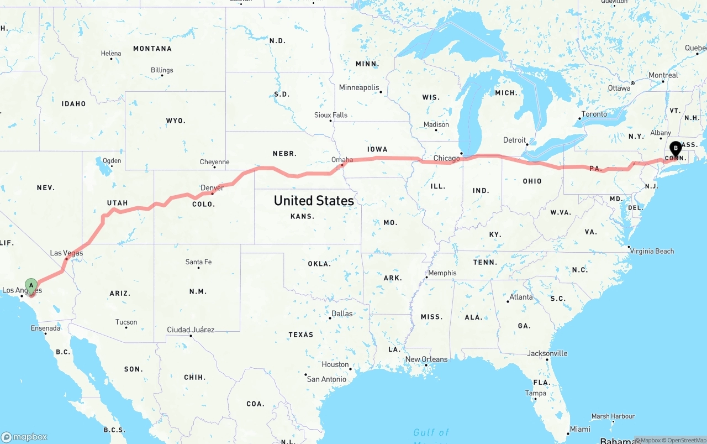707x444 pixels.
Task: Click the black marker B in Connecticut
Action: pos(676,148)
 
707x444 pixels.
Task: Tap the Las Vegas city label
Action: pos(66,253)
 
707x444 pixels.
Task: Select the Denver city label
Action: pos(212,188)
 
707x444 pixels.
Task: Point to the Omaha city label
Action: pos(342,160)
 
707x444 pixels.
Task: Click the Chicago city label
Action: pos(446,159)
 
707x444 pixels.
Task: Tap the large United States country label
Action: pos(314,201)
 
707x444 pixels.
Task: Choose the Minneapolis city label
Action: pos(359,88)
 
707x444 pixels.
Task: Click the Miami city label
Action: pos(580,429)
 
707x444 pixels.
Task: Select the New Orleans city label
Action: pos(426,359)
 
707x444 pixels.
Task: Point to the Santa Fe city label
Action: pos(198,262)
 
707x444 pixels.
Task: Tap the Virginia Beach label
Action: pos(652,251)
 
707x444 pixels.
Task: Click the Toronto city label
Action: pos(594,114)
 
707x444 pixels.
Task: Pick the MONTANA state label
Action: pos(152,49)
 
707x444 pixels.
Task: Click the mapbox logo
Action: pos(24,437)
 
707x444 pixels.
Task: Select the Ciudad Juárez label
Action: pos(191,330)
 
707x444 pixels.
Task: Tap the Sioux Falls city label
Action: pos(331,115)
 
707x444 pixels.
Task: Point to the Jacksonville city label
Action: pos(547,353)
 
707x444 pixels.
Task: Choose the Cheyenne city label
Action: pos(214,162)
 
